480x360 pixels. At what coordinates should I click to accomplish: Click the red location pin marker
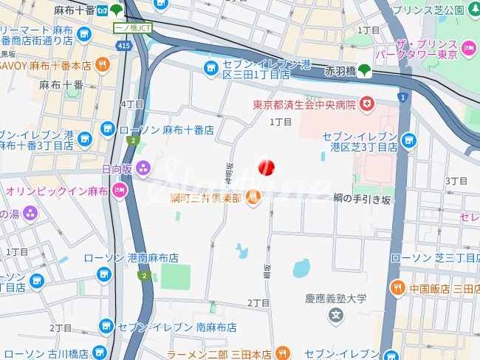click(x=266, y=166)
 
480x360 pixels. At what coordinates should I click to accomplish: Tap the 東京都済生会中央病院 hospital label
click(x=304, y=104)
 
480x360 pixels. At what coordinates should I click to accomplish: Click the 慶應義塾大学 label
click(x=336, y=299)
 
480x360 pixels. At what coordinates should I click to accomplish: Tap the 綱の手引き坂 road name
click(x=362, y=200)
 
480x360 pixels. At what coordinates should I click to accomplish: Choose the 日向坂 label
click(x=117, y=169)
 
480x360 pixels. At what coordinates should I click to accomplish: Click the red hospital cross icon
click(x=367, y=104)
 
